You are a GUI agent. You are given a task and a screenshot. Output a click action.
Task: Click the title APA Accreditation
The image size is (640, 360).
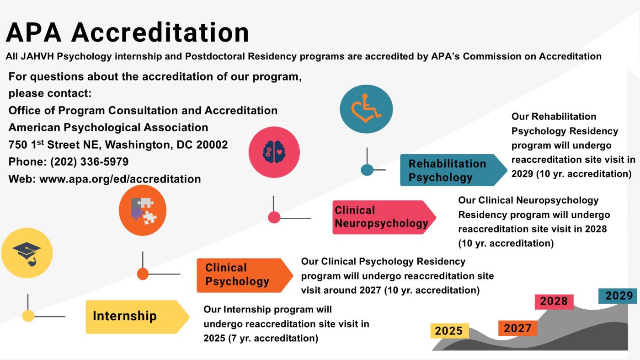128,32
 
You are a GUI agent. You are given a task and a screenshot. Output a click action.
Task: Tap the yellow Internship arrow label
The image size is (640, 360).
138,317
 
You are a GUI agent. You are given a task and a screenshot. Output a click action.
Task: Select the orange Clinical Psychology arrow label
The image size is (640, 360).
245,275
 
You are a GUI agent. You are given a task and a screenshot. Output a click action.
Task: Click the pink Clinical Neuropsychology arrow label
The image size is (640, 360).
384,217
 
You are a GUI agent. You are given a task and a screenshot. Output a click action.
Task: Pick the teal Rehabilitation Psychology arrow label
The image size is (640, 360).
453,170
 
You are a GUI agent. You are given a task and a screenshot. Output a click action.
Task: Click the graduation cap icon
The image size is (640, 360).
27,253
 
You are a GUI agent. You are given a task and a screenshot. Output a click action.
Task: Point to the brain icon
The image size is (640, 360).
274,152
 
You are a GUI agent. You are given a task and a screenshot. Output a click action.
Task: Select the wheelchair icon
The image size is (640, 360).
367,108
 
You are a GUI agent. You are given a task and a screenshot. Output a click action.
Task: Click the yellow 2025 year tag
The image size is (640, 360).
449,331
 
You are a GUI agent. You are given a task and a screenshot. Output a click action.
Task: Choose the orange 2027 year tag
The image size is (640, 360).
517,328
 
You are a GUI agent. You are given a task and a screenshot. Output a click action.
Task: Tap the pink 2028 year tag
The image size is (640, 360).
554,301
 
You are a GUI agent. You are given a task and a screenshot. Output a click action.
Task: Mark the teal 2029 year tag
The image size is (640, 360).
618,296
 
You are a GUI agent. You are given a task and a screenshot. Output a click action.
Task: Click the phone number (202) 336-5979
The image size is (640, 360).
90,162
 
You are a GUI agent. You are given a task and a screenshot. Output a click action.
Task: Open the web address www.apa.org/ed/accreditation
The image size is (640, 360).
120,179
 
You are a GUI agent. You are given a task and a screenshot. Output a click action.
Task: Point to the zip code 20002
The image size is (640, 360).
212,145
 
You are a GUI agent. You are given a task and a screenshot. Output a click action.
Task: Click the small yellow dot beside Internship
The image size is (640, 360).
28,316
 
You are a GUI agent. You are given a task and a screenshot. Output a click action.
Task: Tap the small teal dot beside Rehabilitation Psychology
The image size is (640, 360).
367,170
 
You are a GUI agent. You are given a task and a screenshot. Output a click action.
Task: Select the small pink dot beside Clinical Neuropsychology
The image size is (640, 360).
274,218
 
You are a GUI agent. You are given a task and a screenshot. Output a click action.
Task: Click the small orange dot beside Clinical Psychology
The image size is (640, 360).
143,274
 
